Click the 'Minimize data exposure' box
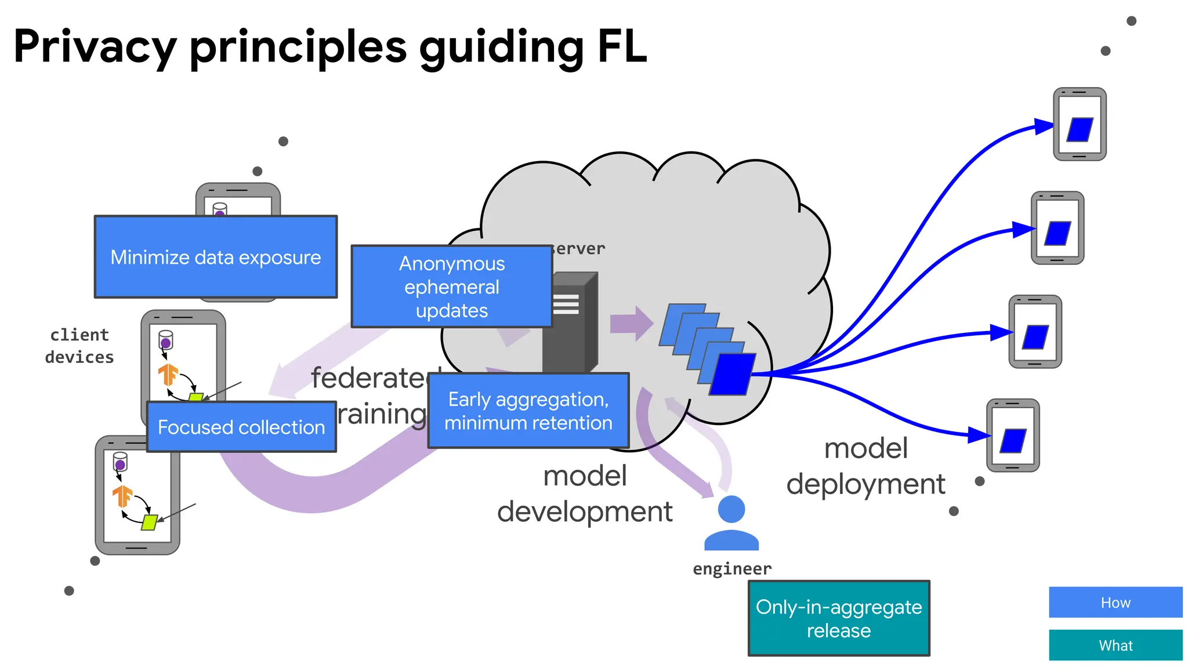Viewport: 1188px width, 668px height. click(215, 257)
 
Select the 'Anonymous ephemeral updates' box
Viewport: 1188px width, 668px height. click(451, 286)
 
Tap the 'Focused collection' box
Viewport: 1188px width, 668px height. click(241, 427)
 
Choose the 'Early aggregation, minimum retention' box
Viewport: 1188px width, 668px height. click(528, 411)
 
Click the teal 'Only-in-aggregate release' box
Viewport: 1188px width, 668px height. click(838, 618)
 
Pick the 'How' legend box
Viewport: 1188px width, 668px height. click(1115, 602)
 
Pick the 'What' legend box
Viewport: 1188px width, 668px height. click(1115, 645)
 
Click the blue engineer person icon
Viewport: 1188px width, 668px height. click(731, 524)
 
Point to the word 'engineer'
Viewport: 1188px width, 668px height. click(732, 569)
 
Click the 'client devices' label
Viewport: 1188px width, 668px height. click(79, 346)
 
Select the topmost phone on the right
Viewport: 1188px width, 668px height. click(1080, 124)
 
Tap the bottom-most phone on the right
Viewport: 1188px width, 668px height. click(1013, 435)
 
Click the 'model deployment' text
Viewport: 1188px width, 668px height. click(865, 466)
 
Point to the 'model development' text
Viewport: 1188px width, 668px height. click(585, 493)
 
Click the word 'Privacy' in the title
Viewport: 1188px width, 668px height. click(95, 48)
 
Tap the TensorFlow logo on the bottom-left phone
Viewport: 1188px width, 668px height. click(122, 496)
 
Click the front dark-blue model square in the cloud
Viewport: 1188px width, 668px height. click(733, 374)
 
